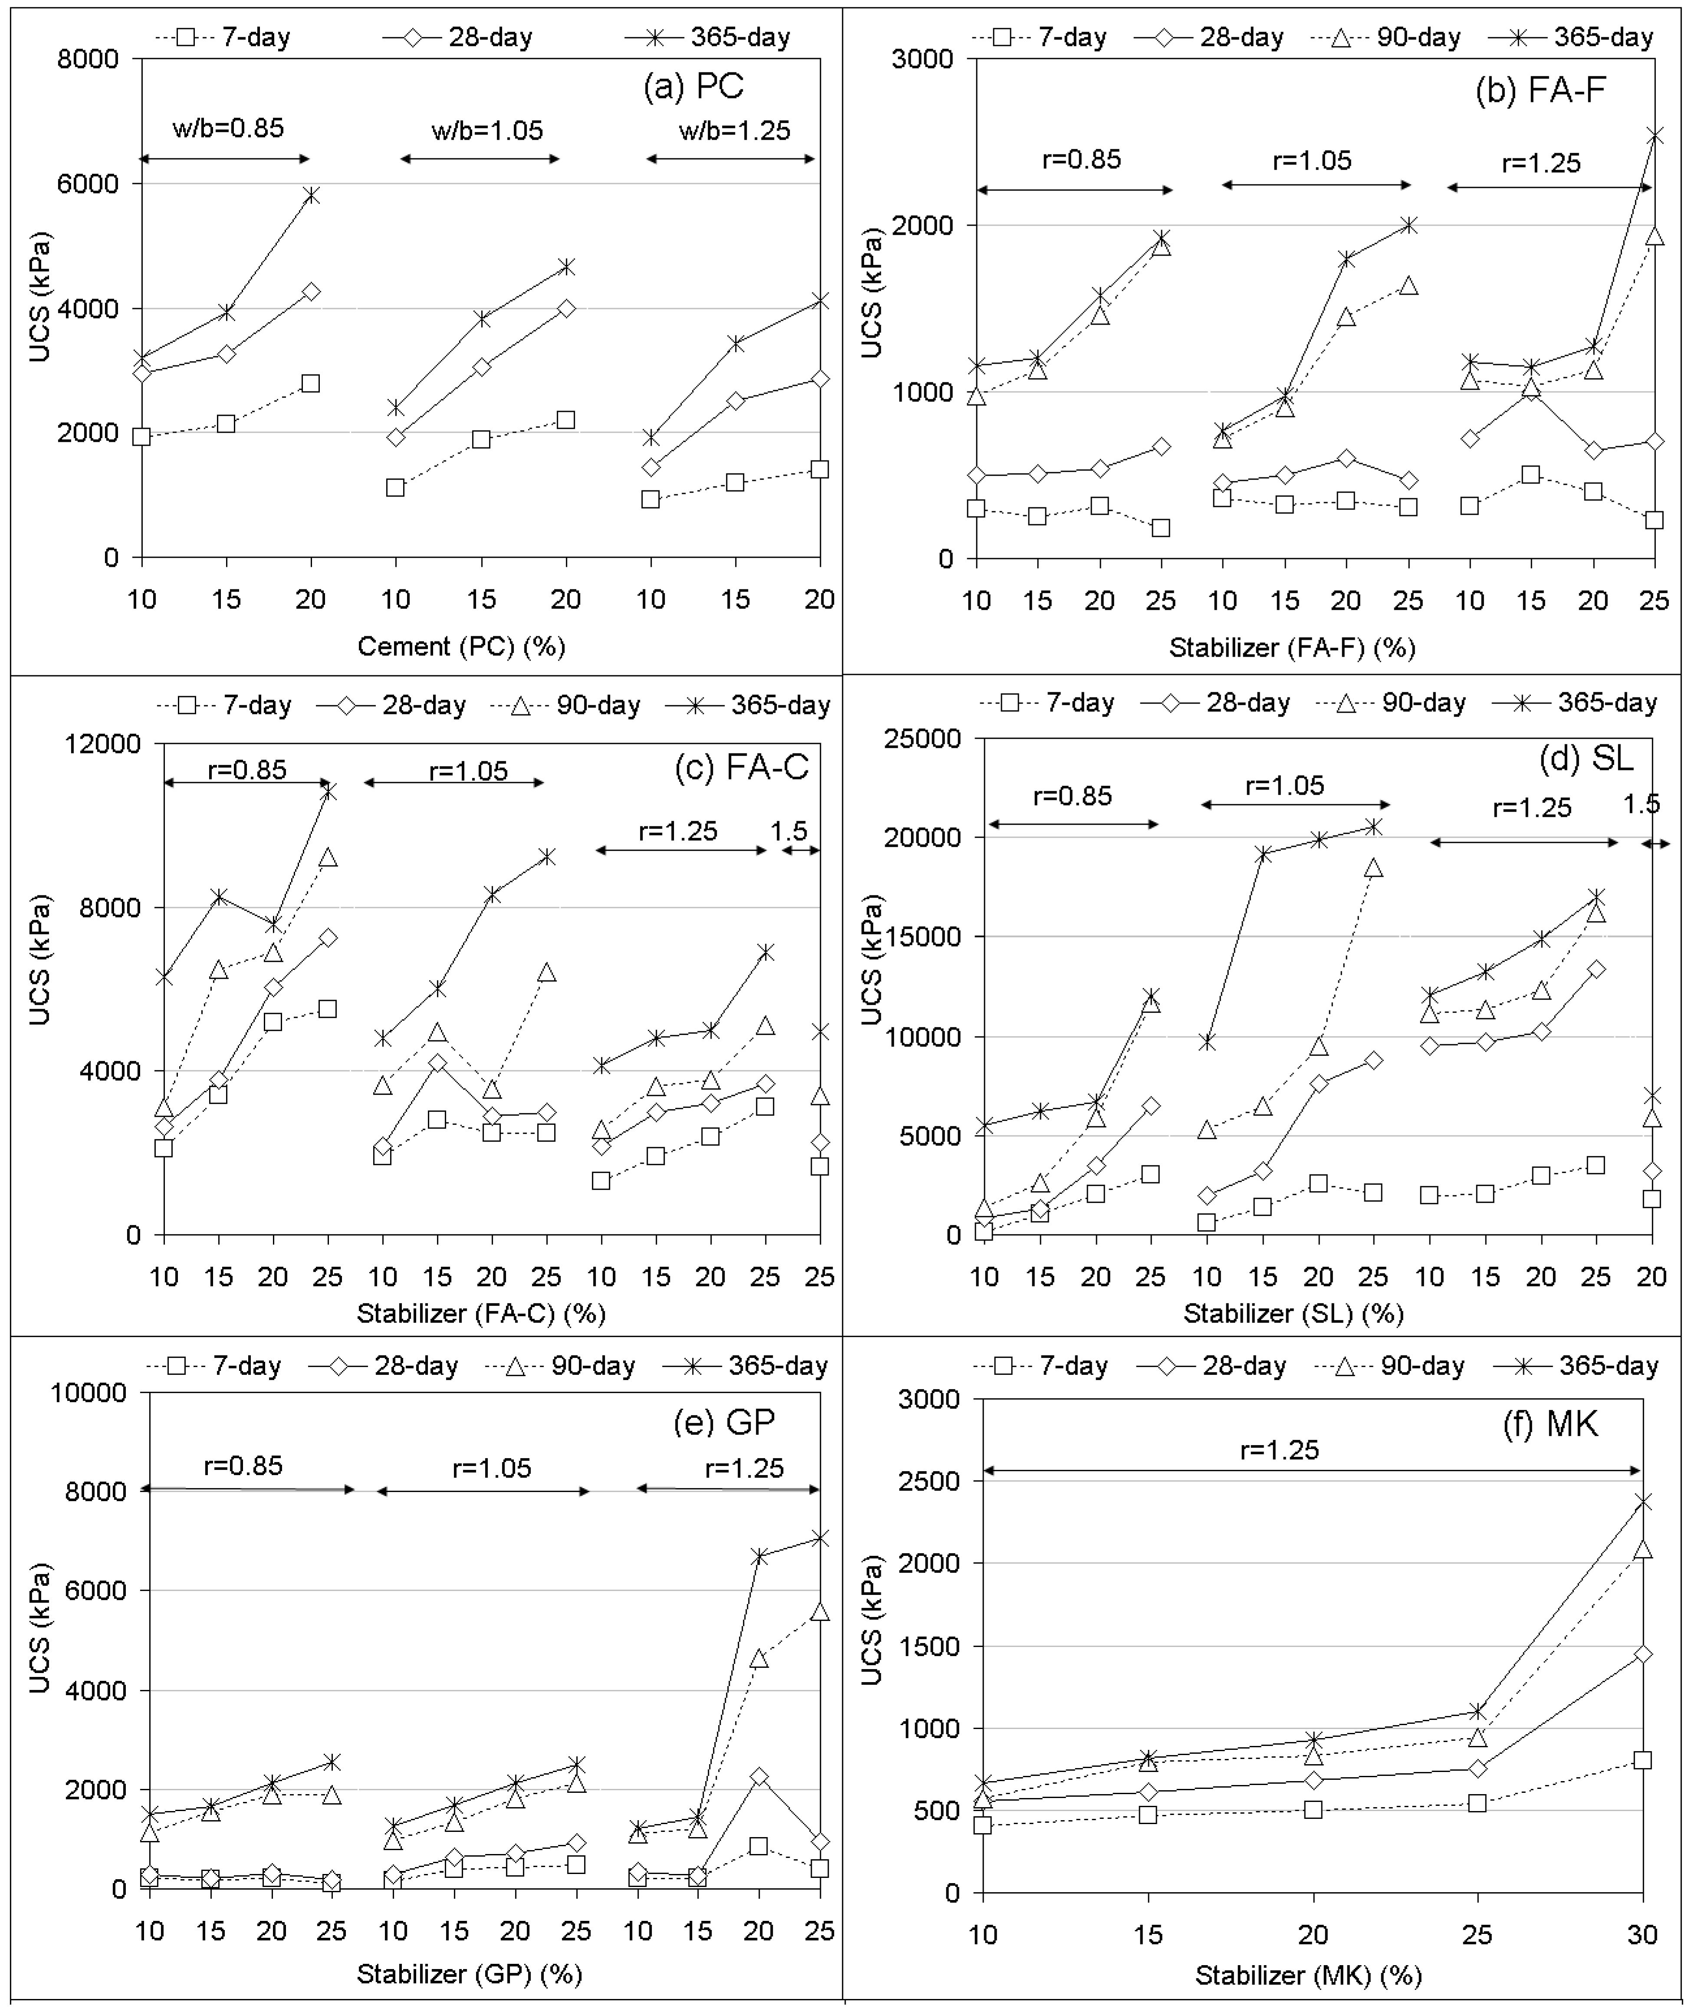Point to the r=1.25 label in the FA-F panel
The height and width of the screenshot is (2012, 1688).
[1540, 163]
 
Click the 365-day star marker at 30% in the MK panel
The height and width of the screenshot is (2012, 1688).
[1642, 1502]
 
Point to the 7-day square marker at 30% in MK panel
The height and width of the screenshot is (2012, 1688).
[1642, 1760]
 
